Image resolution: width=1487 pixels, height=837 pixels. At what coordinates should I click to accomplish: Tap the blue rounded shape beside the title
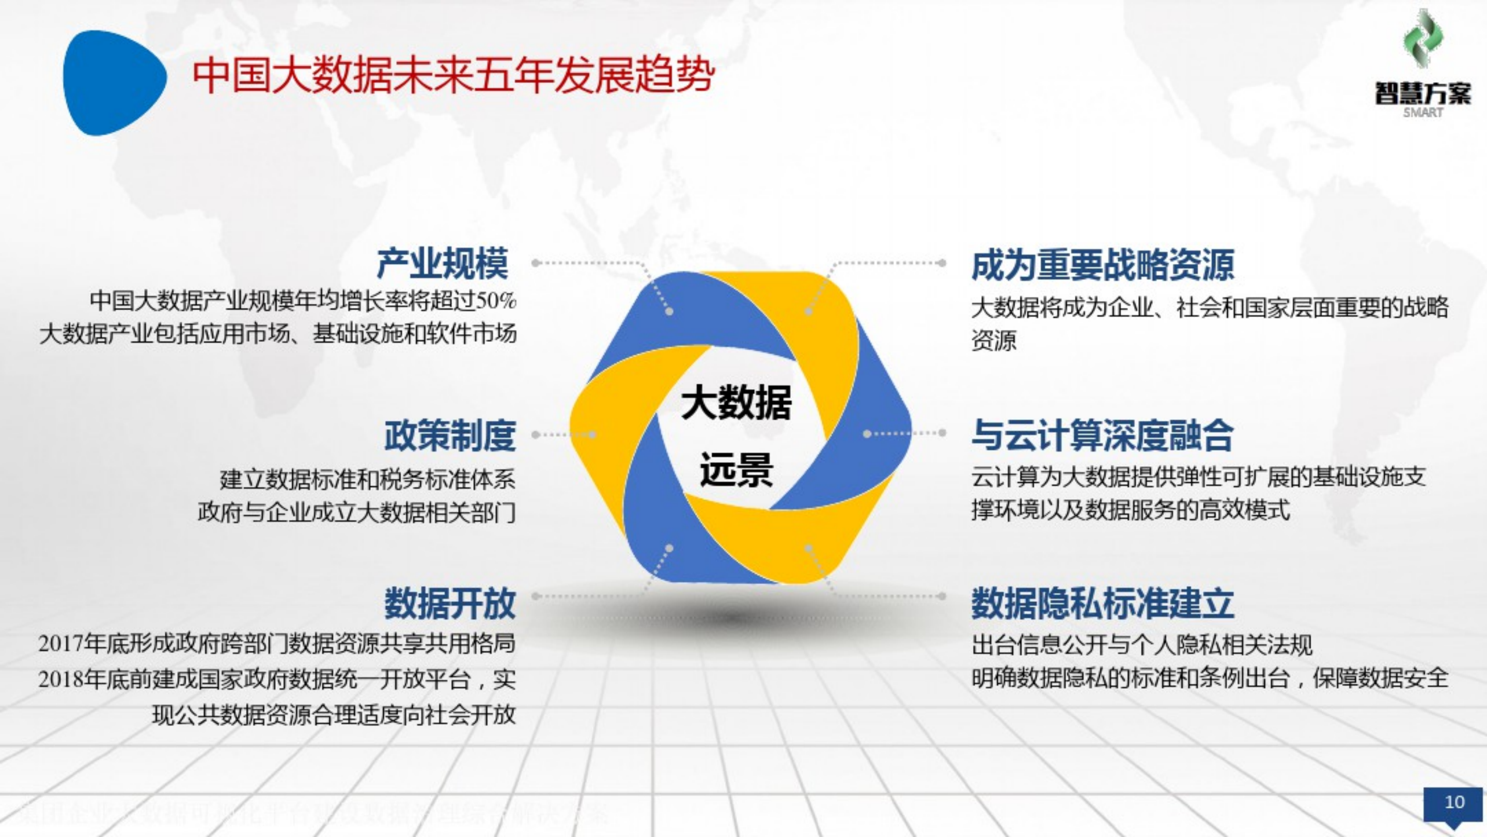[113, 83]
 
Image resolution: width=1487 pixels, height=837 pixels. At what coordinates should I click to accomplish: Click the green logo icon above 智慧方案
[1423, 39]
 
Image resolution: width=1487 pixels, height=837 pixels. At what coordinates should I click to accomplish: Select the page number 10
[1454, 802]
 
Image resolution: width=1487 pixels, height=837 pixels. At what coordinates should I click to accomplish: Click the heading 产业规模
[443, 264]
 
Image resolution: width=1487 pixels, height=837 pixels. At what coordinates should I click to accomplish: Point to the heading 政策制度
[450, 435]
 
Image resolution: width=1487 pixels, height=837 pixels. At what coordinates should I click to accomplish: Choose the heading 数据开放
[450, 603]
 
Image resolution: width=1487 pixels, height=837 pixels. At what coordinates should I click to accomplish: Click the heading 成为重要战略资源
[1103, 265]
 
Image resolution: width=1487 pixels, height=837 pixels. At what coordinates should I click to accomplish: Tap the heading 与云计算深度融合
[1103, 435]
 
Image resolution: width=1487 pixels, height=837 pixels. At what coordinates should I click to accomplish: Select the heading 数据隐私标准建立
[1103, 603]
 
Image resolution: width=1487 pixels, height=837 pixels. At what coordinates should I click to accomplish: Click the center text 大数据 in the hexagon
[736, 402]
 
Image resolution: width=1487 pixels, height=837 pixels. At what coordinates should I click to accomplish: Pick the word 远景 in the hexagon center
[736, 469]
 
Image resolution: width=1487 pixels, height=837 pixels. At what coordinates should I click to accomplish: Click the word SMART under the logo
[1423, 113]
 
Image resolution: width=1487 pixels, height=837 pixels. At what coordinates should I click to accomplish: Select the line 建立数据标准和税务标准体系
[368, 479]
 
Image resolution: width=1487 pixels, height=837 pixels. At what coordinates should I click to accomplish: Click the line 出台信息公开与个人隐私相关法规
[1142, 645]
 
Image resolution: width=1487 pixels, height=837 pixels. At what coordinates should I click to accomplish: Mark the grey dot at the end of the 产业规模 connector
[536, 263]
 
